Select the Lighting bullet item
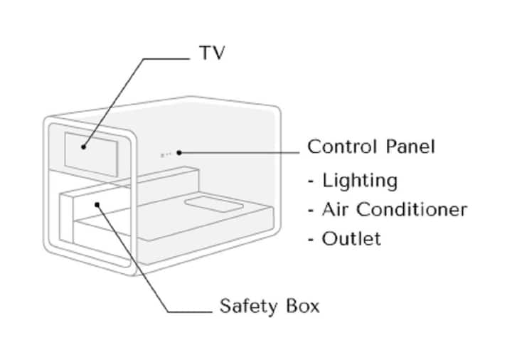click(359, 181)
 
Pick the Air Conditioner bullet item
click(394, 210)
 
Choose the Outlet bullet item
click(351, 238)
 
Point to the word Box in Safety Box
click(301, 307)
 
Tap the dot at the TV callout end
click(83, 147)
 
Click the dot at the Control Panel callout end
click(180, 152)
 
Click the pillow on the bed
click(212, 206)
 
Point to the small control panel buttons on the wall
click(166, 153)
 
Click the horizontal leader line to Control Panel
click(242, 152)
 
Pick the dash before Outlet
click(311, 239)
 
